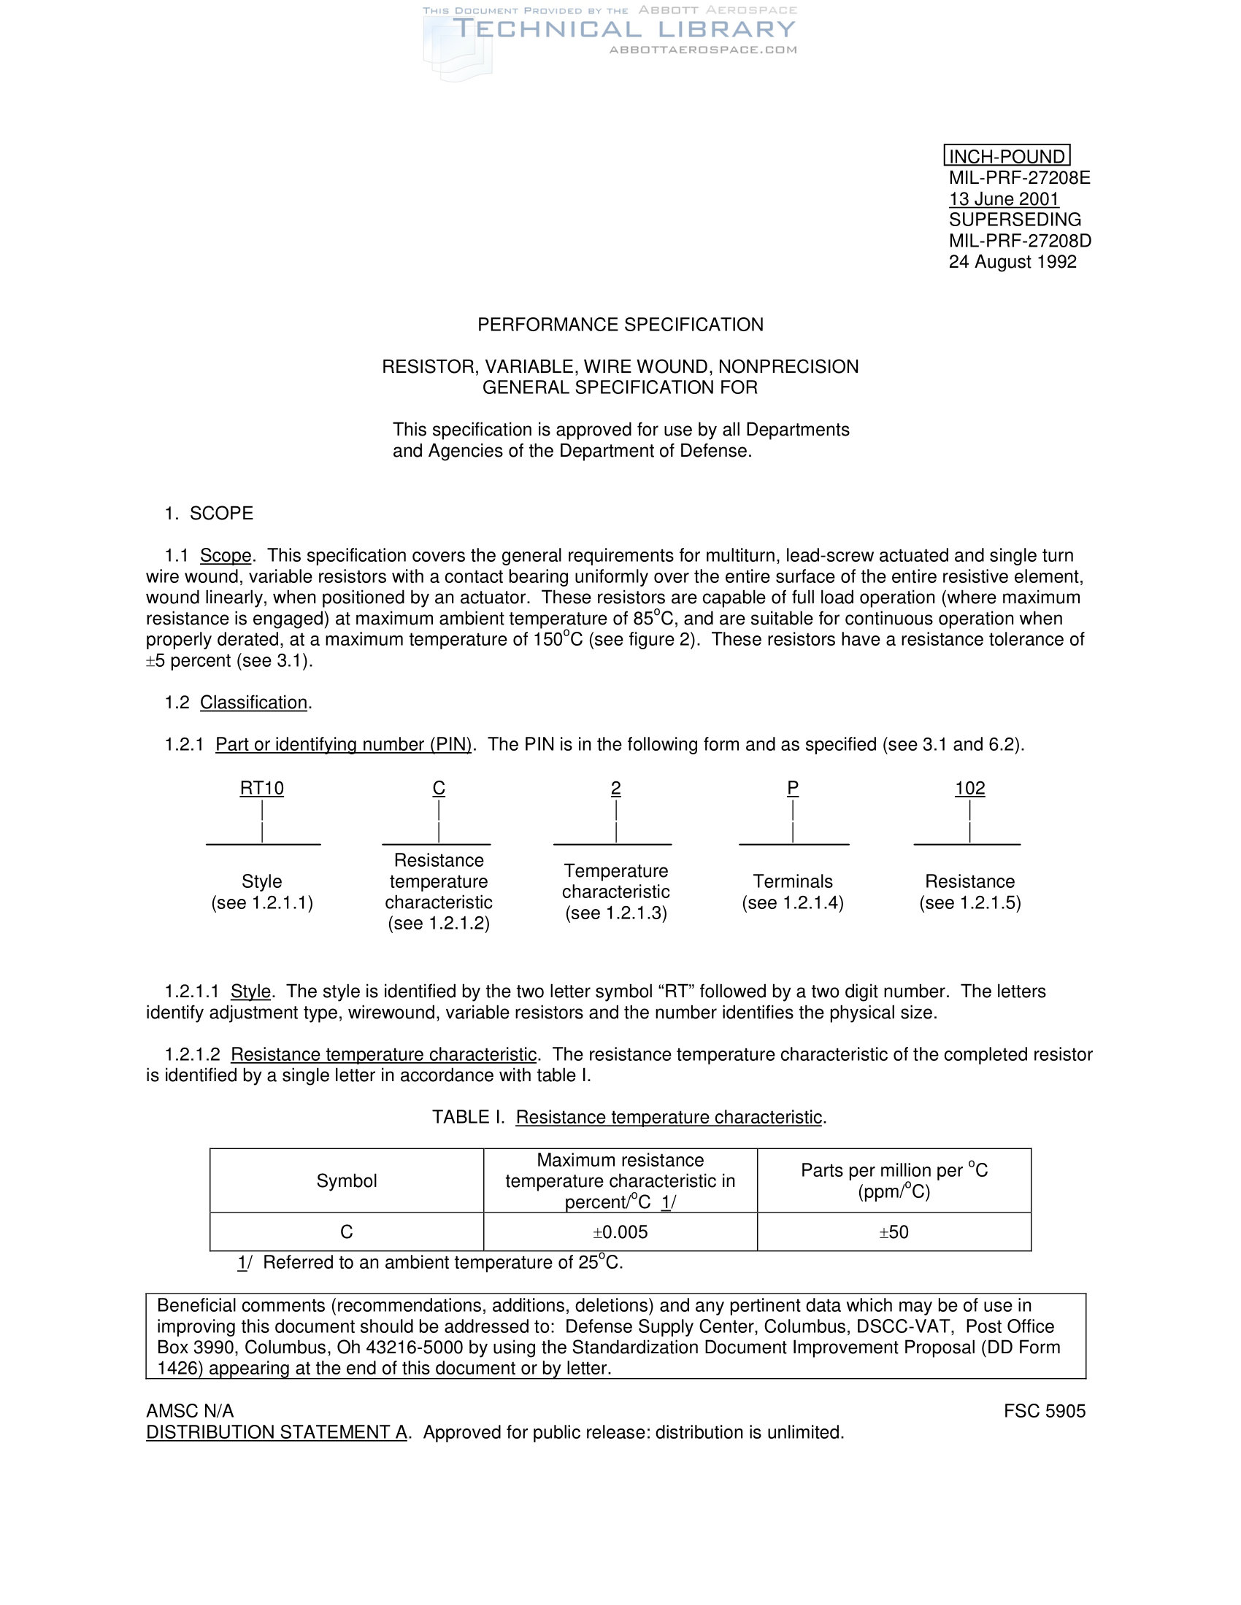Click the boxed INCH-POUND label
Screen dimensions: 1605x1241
[x=1006, y=156]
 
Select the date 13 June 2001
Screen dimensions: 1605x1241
[x=1003, y=199]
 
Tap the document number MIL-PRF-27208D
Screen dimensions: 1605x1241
[x=1019, y=241]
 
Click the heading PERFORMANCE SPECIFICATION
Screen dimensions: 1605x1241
[x=620, y=325]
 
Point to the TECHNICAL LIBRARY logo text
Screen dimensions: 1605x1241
[x=623, y=29]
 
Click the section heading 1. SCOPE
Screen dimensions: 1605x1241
[x=209, y=513]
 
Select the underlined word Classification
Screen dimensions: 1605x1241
[x=253, y=703]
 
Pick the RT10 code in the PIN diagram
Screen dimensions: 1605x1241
[x=262, y=789]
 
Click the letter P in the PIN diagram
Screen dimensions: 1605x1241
[x=793, y=789]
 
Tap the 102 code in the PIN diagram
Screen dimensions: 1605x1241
[x=969, y=789]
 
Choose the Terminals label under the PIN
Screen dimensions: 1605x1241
[x=793, y=881]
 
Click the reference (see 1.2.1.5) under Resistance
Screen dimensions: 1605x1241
[x=969, y=903]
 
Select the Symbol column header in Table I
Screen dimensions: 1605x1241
[x=346, y=1181]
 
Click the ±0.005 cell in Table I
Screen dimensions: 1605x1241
[x=620, y=1232]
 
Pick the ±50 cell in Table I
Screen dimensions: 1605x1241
[x=894, y=1232]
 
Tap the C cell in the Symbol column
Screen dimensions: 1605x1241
[x=346, y=1232]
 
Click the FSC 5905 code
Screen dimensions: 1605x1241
[x=1044, y=1411]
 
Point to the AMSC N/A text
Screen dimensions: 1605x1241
[x=190, y=1411]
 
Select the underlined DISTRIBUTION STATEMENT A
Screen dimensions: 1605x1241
[x=277, y=1432]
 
